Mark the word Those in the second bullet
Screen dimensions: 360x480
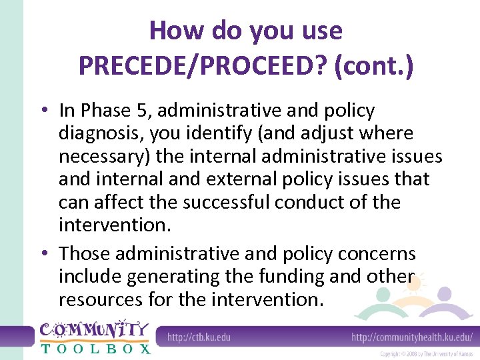pos(85,254)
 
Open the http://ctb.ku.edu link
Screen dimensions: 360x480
pos(199,337)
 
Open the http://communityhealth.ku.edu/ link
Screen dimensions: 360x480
pos(412,337)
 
